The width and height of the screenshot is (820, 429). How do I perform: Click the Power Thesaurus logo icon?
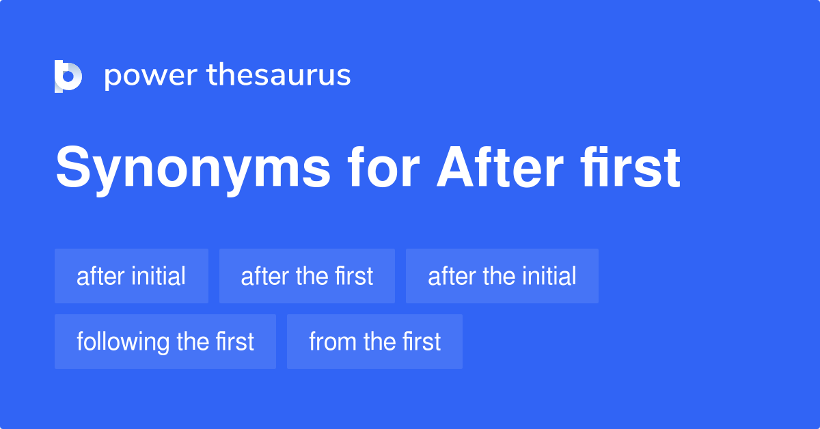(68, 76)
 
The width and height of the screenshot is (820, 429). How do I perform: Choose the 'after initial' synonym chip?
(131, 276)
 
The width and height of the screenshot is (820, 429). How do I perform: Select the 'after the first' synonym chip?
(307, 276)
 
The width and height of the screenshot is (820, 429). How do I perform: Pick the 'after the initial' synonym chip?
(502, 276)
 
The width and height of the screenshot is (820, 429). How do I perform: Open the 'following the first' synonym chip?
(165, 342)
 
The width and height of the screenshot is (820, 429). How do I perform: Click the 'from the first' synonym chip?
(374, 342)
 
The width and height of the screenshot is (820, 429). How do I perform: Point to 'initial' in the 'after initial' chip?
(159, 276)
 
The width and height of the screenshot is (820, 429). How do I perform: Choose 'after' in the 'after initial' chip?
(100, 276)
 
